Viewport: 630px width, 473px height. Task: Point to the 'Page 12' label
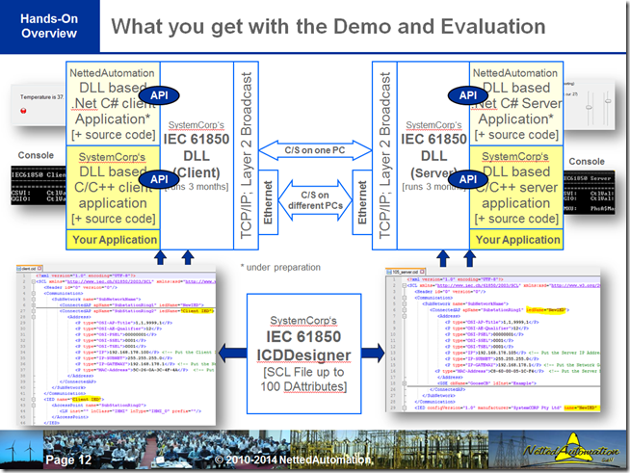click(x=68, y=461)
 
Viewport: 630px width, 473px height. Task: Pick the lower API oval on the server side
click(x=467, y=179)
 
